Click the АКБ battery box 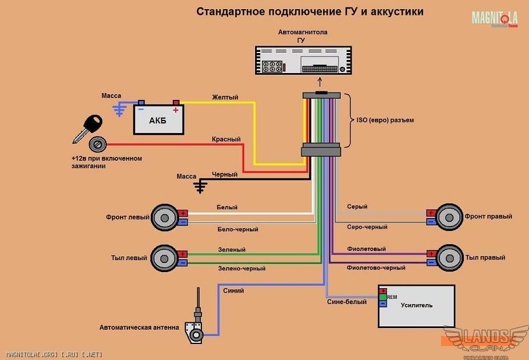tap(159, 120)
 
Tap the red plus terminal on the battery tap(176, 103)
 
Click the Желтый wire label tap(225, 97)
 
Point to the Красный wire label tap(226, 139)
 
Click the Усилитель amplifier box tap(417, 306)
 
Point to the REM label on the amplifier tap(392, 297)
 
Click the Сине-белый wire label tap(347, 302)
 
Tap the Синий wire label tap(234, 291)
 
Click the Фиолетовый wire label tap(366, 249)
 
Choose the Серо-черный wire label tap(367, 227)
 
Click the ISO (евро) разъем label tap(385, 120)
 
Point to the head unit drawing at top tap(302, 60)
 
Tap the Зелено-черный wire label tap(241, 268)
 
